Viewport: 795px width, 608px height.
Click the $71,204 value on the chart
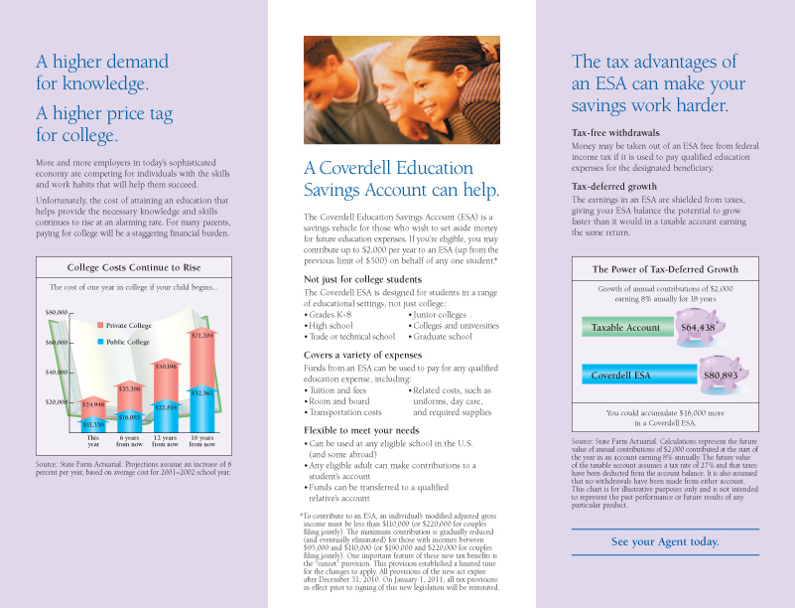(x=201, y=336)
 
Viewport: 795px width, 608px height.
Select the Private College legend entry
(x=128, y=325)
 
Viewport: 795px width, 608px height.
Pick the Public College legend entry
(x=128, y=342)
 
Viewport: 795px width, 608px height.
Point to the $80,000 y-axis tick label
(x=56, y=312)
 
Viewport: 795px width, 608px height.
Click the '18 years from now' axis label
(x=201, y=441)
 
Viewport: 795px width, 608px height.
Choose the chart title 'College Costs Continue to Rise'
(x=133, y=268)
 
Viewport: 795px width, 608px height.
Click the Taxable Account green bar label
(x=625, y=328)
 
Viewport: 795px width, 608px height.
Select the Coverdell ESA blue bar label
(x=621, y=376)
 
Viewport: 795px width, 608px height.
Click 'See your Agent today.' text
(x=665, y=541)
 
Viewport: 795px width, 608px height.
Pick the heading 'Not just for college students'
(x=362, y=280)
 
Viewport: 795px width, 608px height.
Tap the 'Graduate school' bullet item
(x=444, y=337)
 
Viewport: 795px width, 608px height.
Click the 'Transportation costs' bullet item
(x=346, y=412)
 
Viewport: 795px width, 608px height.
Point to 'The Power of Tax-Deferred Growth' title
(x=665, y=269)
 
